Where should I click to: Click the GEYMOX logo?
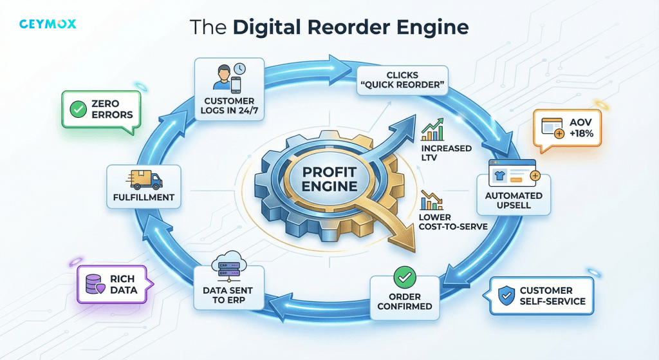48,24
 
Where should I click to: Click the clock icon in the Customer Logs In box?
239,68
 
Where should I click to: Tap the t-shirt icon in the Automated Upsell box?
503,176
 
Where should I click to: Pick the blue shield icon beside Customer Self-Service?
506,296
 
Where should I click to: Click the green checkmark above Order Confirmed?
405,279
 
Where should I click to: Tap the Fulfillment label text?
144,198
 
